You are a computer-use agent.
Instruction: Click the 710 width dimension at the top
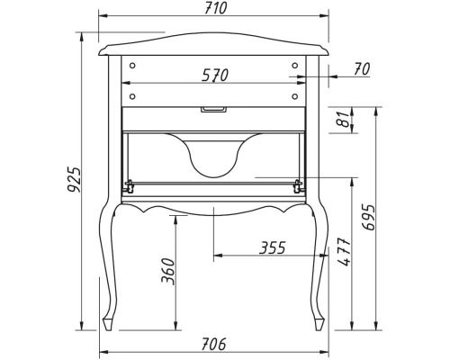tap(214, 8)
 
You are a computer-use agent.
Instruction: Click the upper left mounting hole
tap(132, 66)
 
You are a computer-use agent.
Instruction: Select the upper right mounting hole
tap(295, 66)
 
